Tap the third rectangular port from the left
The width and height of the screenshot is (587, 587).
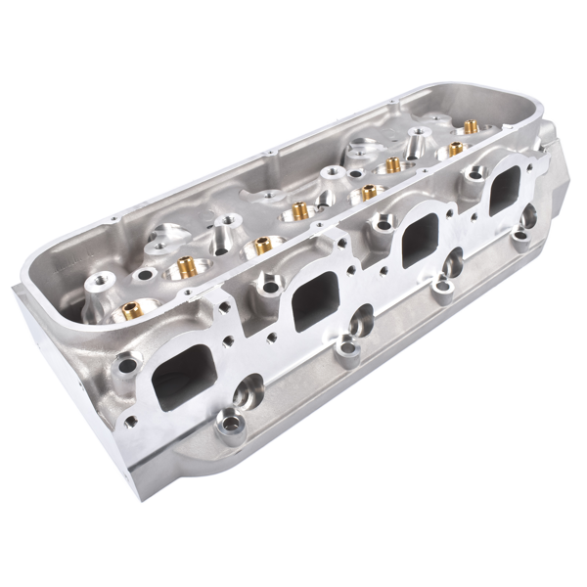[x=419, y=239]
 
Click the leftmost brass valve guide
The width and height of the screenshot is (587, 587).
[x=129, y=312]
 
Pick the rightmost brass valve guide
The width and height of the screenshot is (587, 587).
[x=470, y=126]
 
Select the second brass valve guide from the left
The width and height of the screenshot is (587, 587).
[x=183, y=265]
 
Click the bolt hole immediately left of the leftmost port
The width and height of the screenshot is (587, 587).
[x=127, y=368]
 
